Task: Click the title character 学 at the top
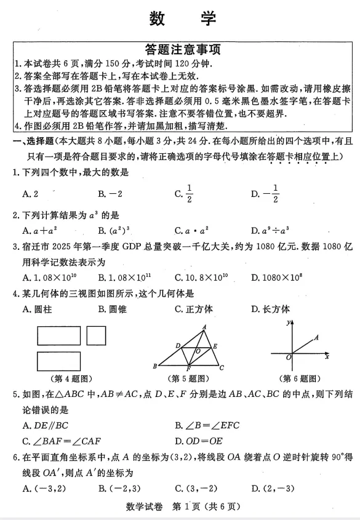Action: (208, 18)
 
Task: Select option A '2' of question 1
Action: (30, 194)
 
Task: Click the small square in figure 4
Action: (95, 335)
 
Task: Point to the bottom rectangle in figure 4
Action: (58, 361)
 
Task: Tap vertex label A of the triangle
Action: (204, 327)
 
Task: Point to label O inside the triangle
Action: (198, 351)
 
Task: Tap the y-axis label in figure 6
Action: (287, 322)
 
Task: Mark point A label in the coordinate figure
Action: (316, 337)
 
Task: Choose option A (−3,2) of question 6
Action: (42, 489)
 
